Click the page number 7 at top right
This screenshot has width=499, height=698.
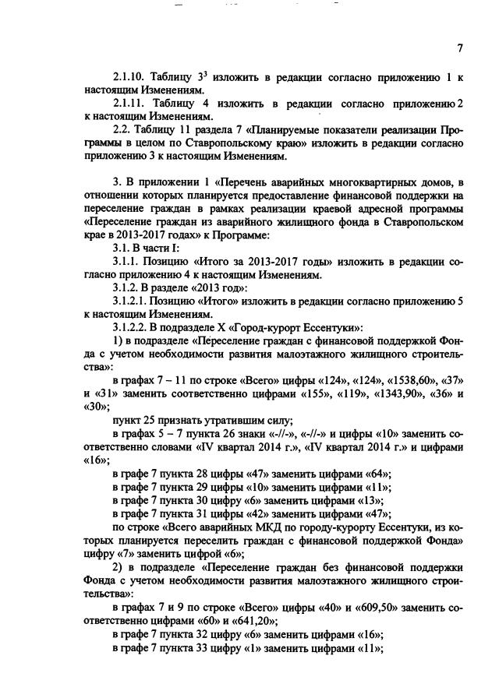(x=460, y=48)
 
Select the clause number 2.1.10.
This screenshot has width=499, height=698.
(x=131, y=78)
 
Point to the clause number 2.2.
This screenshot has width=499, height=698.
(x=123, y=131)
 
